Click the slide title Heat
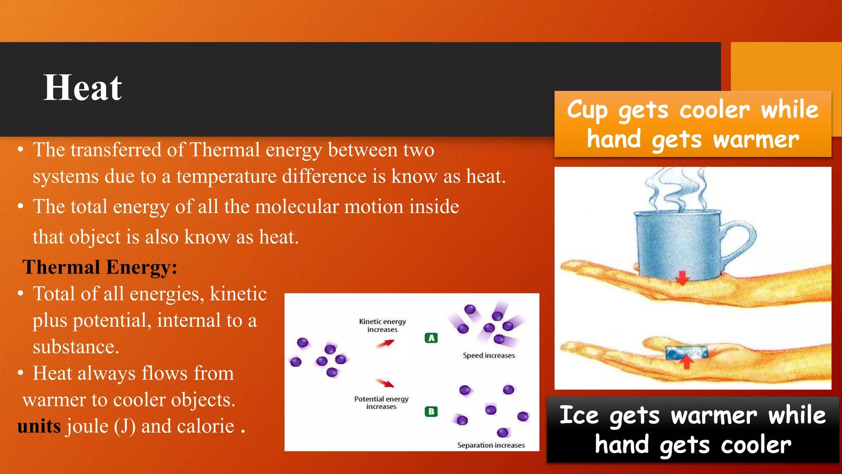(x=83, y=88)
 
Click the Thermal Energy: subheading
(x=100, y=267)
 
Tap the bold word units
(x=39, y=426)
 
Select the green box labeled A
(x=431, y=338)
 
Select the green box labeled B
(x=431, y=411)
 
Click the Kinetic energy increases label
(x=382, y=325)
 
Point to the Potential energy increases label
(x=381, y=402)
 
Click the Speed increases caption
(x=488, y=355)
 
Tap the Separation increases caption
(x=491, y=445)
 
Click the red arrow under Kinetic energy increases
(x=385, y=344)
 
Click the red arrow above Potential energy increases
(x=385, y=383)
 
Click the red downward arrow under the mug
(x=682, y=278)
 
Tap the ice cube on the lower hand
(x=686, y=352)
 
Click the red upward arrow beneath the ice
(x=686, y=362)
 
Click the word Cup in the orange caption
(x=587, y=110)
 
